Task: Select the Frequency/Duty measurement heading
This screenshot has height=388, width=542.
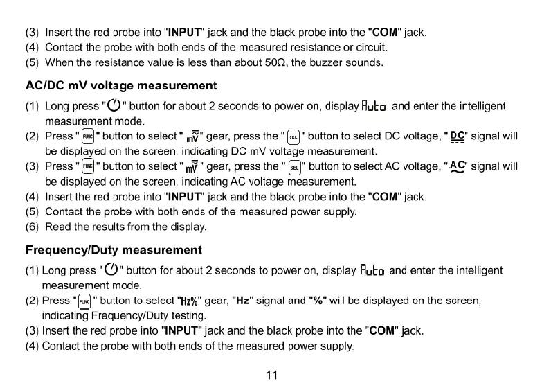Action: pos(114,249)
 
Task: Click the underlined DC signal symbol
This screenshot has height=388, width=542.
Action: pos(458,136)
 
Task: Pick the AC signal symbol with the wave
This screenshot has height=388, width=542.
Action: pos(457,167)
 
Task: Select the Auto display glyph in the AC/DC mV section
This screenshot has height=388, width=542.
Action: pos(375,107)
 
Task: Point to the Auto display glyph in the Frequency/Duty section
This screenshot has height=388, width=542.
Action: pos(374,270)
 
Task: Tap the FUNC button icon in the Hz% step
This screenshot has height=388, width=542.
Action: pos(84,301)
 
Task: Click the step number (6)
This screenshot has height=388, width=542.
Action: pos(33,227)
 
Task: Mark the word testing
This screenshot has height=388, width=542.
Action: pos(188,315)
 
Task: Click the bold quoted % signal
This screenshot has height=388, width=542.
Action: pos(315,301)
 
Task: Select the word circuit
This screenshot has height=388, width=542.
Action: pos(370,47)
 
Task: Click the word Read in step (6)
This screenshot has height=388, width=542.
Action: pos(57,227)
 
